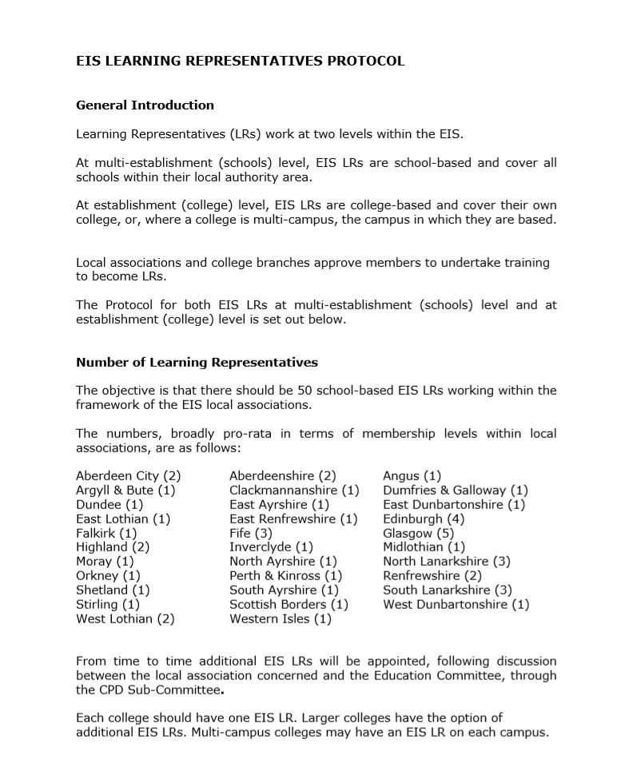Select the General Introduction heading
[x=145, y=105]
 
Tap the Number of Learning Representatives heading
[x=197, y=362]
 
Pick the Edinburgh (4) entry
[x=424, y=519]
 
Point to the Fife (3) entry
[x=251, y=533]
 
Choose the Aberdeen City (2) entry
[x=129, y=476]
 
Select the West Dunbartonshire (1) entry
[x=456, y=604]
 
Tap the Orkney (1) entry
[x=108, y=575]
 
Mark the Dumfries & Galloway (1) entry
[x=456, y=490]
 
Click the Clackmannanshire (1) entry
[x=294, y=490]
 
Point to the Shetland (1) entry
[x=113, y=590]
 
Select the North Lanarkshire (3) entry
[x=447, y=561]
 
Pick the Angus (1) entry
[x=412, y=476]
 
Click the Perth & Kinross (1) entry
[x=286, y=575]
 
